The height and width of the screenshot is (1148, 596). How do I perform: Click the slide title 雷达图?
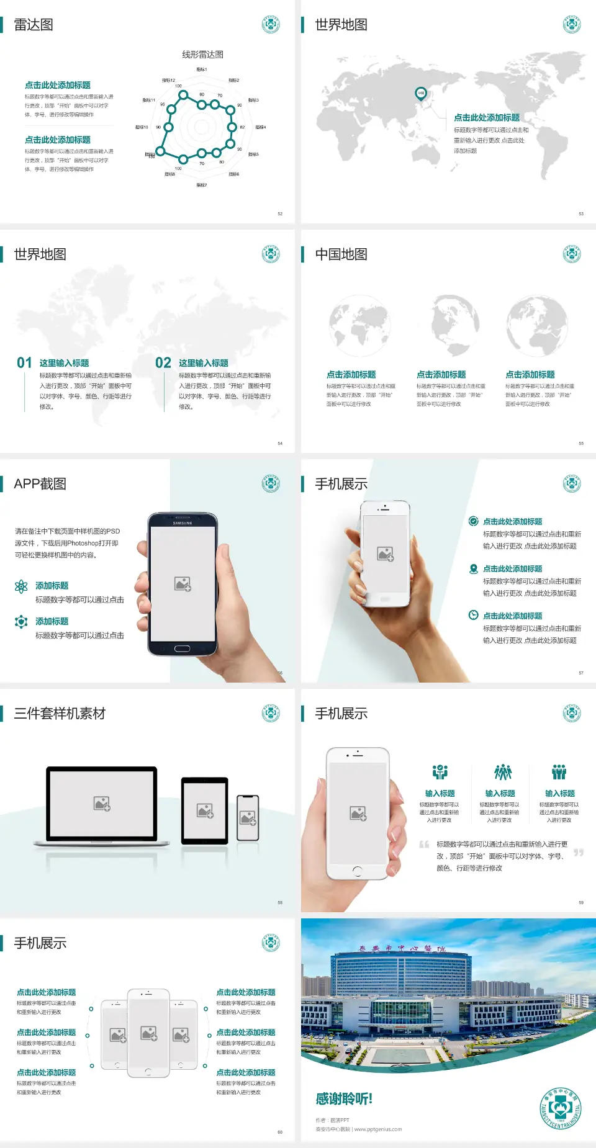(x=34, y=25)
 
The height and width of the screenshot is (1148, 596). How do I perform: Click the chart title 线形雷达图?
(x=202, y=55)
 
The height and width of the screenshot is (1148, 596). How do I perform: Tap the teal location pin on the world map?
(x=421, y=94)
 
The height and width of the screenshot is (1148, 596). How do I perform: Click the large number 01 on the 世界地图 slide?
(x=24, y=363)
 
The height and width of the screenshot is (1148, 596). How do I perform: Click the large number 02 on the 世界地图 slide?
(x=163, y=363)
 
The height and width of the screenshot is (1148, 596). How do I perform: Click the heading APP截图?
(x=40, y=484)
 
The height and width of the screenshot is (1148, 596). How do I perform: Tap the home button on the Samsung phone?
(x=182, y=648)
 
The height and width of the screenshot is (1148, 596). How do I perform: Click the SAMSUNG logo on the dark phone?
(x=183, y=523)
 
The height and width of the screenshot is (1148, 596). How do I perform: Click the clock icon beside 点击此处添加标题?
(x=473, y=615)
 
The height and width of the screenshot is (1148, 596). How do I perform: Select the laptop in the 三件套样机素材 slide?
(x=102, y=806)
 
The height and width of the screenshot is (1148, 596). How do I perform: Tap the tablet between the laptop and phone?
(x=205, y=810)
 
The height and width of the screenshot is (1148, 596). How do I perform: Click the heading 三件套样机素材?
(x=60, y=714)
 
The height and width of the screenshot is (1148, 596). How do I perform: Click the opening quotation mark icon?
(x=424, y=844)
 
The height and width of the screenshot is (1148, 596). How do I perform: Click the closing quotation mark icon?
(x=579, y=853)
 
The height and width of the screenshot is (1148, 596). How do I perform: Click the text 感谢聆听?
(x=344, y=1099)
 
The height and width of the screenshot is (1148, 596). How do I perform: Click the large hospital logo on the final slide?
(x=561, y=1108)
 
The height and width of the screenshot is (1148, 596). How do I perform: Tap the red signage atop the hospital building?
(x=402, y=948)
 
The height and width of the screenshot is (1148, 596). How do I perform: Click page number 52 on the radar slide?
(x=280, y=213)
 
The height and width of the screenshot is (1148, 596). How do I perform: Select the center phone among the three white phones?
(x=148, y=1033)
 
